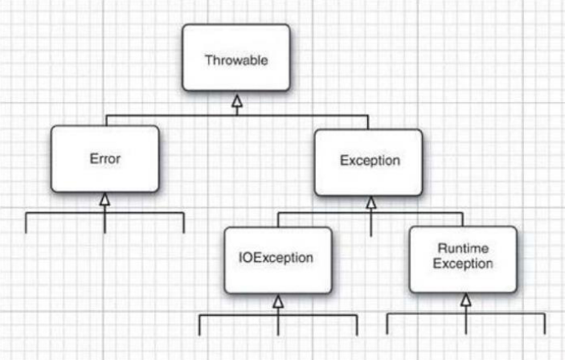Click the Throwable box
pos(236,57)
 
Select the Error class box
pos(104,158)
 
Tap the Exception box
pos(368,162)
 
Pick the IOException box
pos(278,260)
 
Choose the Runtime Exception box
pos(463,260)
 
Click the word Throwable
pos(236,60)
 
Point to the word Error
pos(104,158)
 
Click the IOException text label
pos(276,258)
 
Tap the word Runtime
pos(463,248)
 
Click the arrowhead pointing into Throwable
pos(237,101)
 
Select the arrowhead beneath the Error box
pos(104,199)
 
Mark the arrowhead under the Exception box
pos(371,202)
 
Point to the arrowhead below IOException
pos(278,301)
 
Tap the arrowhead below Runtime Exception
pos(466,300)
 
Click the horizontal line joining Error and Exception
pos(237,116)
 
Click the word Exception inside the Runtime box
pos(463,264)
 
